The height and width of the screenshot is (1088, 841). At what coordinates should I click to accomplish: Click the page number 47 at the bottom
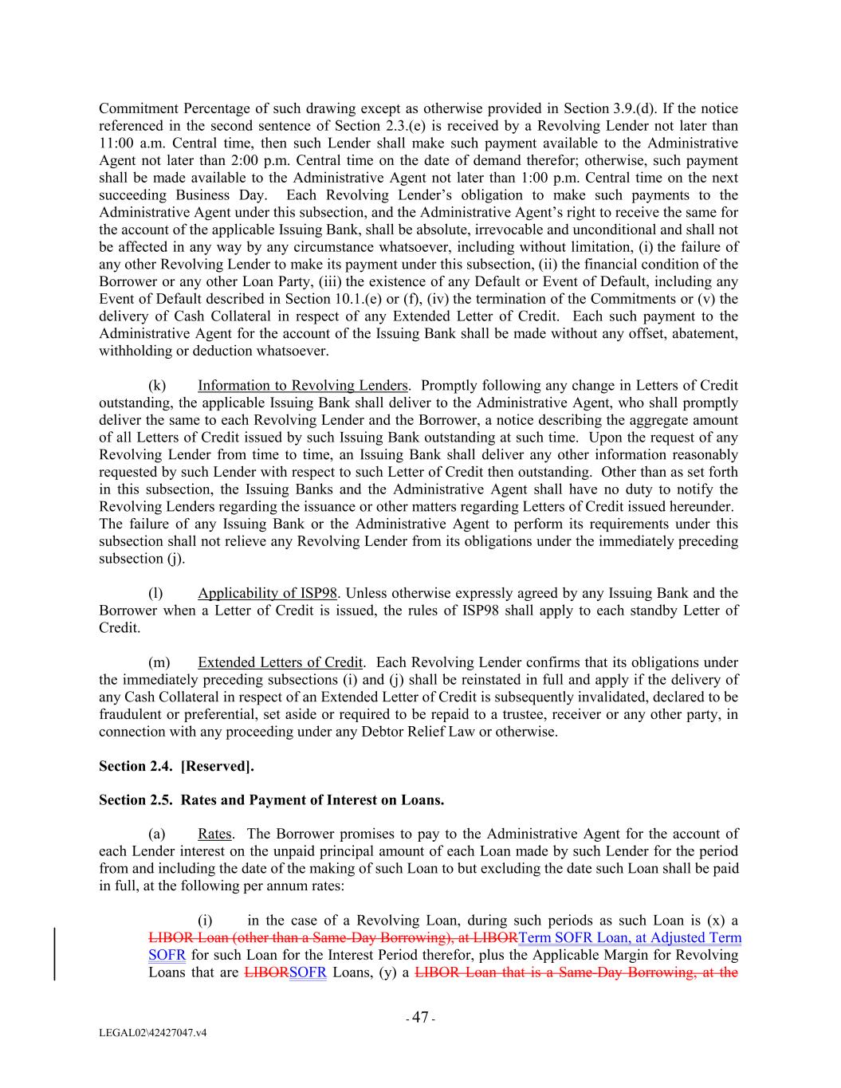(x=420, y=1018)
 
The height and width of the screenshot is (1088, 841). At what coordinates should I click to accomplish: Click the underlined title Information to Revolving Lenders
(x=303, y=386)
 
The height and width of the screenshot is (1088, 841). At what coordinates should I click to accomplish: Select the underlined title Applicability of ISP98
(x=267, y=593)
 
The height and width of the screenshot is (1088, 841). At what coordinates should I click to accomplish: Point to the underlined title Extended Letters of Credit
(x=280, y=662)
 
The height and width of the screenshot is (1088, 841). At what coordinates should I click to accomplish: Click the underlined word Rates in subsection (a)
(x=214, y=834)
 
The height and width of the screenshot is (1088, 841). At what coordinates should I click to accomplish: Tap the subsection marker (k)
(x=157, y=386)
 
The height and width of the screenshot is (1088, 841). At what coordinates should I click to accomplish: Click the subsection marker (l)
(x=155, y=593)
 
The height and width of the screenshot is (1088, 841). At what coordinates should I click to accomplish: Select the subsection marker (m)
(x=159, y=662)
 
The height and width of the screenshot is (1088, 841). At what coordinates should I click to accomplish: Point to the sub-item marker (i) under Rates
(x=205, y=921)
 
